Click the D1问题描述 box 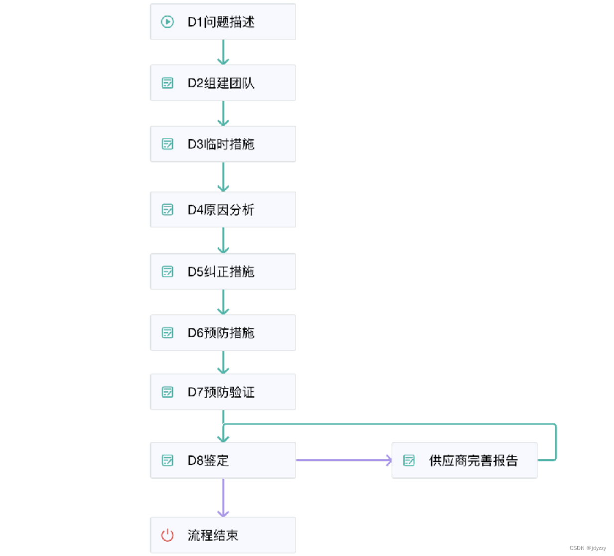223,22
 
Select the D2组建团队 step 223,83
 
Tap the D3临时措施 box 223,144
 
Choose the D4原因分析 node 223,210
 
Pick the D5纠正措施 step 223,272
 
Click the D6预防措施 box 223,333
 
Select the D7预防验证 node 223,392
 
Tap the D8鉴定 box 223,460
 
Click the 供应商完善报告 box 464,460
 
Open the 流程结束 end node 223,535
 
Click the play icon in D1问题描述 167,22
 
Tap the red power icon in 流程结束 167,535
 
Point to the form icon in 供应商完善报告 409,460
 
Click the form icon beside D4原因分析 167,210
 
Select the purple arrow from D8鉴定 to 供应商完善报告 344,460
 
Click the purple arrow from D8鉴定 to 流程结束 223,498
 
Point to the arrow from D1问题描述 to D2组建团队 223,52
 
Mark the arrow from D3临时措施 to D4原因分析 223,177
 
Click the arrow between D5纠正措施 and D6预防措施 223,302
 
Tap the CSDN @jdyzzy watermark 588,548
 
